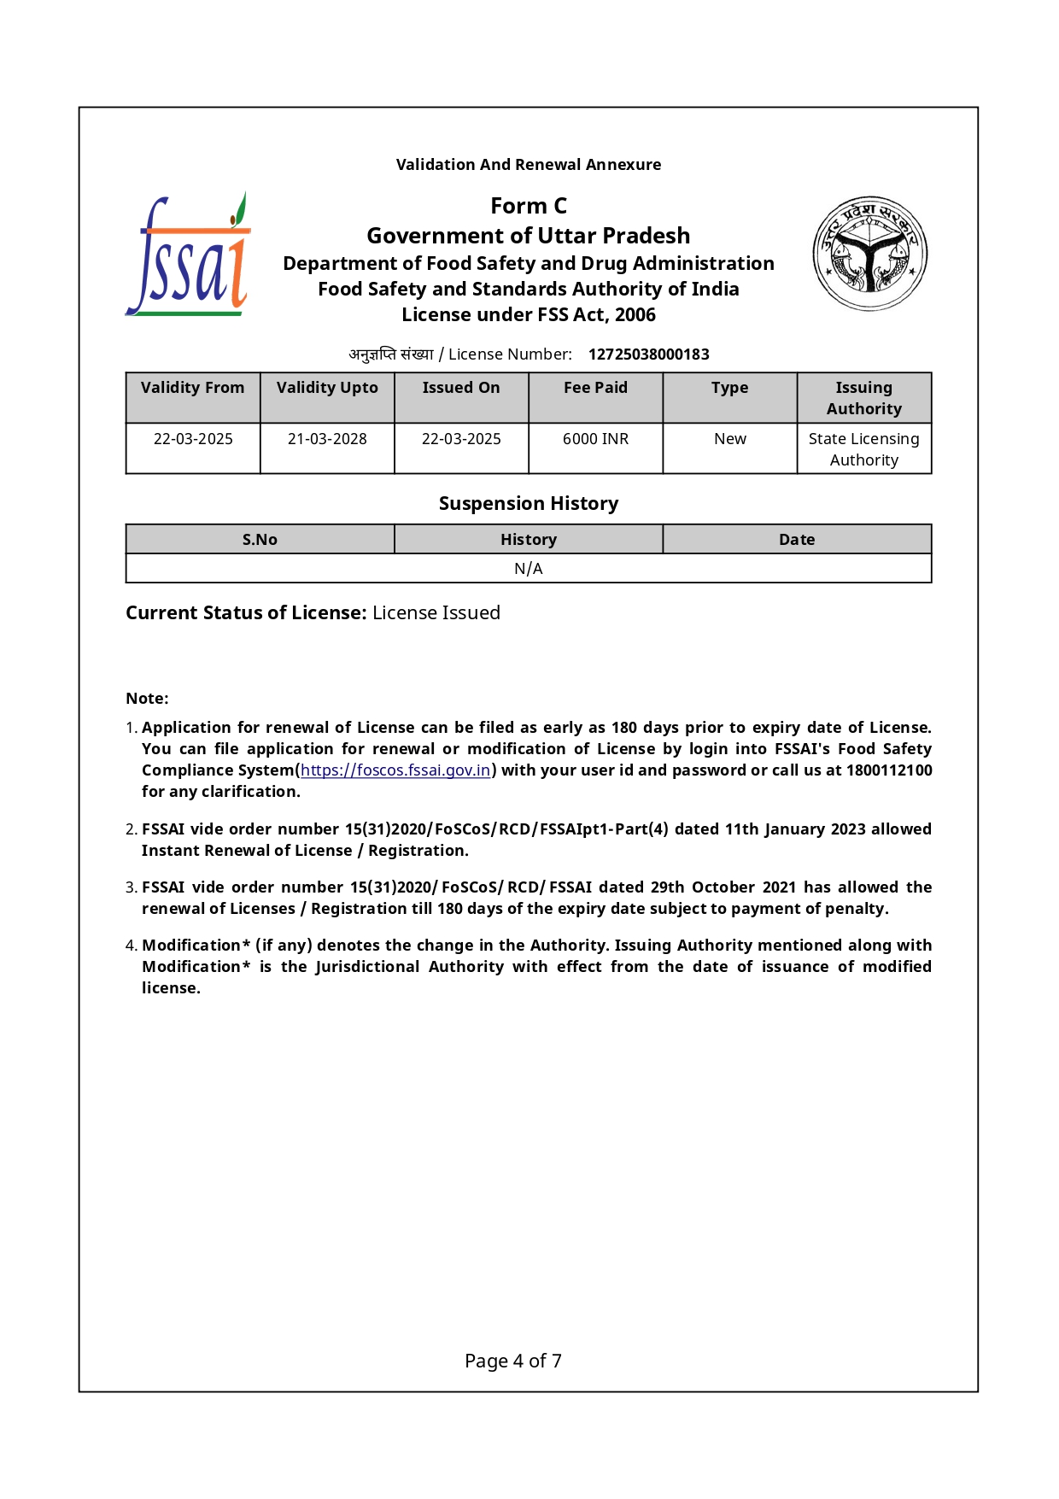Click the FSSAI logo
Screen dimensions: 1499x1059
(x=189, y=255)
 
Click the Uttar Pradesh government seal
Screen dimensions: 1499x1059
(x=869, y=253)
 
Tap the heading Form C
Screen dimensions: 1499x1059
(x=528, y=206)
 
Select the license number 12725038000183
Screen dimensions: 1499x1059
(x=648, y=354)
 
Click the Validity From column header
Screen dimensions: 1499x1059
(x=192, y=388)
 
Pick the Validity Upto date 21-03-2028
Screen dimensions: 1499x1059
(x=327, y=439)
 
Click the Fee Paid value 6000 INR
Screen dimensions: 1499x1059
(x=595, y=439)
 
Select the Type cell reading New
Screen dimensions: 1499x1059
(x=729, y=439)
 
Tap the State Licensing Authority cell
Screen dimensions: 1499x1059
(x=863, y=449)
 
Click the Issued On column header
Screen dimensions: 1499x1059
(x=461, y=388)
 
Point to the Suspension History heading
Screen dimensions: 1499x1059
(x=528, y=504)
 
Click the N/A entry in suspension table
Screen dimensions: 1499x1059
(x=528, y=569)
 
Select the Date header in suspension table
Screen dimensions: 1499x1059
(x=796, y=540)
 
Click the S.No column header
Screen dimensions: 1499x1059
(x=260, y=540)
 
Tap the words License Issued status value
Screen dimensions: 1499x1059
(x=436, y=613)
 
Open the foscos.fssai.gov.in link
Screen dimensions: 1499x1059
(x=395, y=770)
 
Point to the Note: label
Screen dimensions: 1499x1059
(x=147, y=699)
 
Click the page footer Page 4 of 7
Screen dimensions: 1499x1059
(x=512, y=1361)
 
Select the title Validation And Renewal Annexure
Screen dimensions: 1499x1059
(x=528, y=165)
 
